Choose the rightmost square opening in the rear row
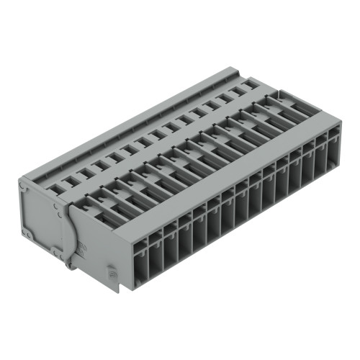248,85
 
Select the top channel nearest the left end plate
94,205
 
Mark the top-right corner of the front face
338,122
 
